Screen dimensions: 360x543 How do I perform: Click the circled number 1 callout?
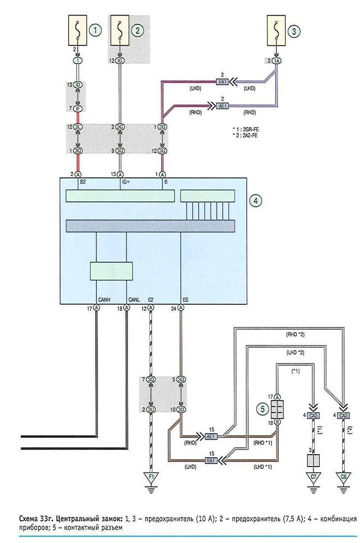95,30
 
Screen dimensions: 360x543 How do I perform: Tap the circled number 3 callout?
293,31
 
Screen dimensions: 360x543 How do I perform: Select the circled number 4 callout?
256,200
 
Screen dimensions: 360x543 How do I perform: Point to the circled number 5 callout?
263,409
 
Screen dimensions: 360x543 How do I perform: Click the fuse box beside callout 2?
120,30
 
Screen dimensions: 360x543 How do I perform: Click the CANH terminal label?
104,300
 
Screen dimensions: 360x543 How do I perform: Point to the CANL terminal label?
134,300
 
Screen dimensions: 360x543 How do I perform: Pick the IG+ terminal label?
125,181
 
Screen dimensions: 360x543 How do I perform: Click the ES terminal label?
185,300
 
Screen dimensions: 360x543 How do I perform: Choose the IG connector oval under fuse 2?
120,61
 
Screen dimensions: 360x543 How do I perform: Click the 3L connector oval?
78,127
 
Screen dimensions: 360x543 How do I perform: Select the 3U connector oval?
151,410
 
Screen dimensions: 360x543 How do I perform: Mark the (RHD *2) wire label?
295,335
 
